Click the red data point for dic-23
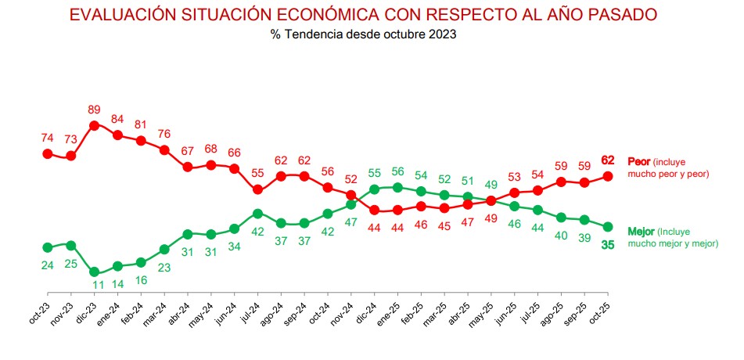pyautogui.click(x=94, y=124)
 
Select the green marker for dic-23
pyautogui.click(x=94, y=272)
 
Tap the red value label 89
pyautogui.click(x=94, y=109)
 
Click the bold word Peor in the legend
pyautogui.click(x=640, y=161)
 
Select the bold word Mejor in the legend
pyautogui.click(x=642, y=231)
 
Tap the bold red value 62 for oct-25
pyautogui.click(x=608, y=160)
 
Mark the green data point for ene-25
pyautogui.click(x=397, y=187)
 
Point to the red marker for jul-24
pyautogui.click(x=258, y=189)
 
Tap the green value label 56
pyautogui.click(x=397, y=171)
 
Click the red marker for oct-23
pyautogui.click(x=47, y=153)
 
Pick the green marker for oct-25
pyautogui.click(x=608, y=226)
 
